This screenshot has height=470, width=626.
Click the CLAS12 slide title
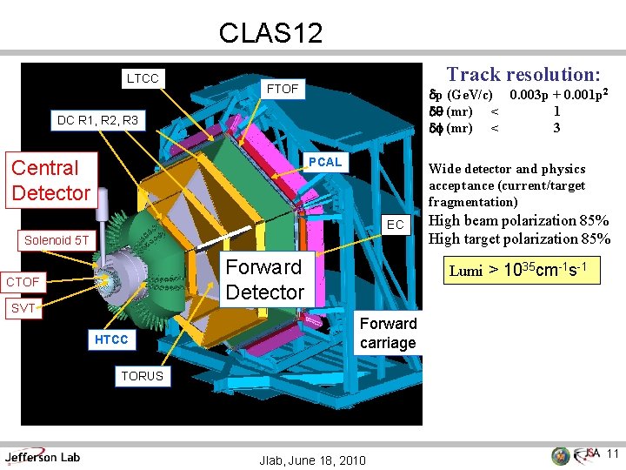click(x=270, y=33)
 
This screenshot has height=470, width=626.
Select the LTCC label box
click(x=143, y=79)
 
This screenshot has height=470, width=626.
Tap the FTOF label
click(x=283, y=89)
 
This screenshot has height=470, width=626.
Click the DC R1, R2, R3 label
click(x=97, y=120)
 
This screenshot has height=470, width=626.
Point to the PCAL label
click(x=325, y=162)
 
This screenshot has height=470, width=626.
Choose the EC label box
click(x=395, y=225)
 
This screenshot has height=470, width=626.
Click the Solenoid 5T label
click(x=57, y=240)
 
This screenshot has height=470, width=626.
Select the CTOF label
click(x=23, y=282)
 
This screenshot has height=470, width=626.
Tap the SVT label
click(x=23, y=308)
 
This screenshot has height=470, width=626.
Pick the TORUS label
click(x=142, y=376)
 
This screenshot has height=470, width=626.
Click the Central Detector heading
click(x=50, y=180)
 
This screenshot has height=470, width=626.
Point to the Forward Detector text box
click(x=264, y=279)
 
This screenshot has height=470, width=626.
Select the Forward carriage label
click(x=388, y=333)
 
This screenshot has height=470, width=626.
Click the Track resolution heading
click(x=523, y=76)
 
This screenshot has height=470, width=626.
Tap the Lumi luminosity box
click(x=523, y=270)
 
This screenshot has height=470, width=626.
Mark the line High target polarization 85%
click(x=519, y=239)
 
